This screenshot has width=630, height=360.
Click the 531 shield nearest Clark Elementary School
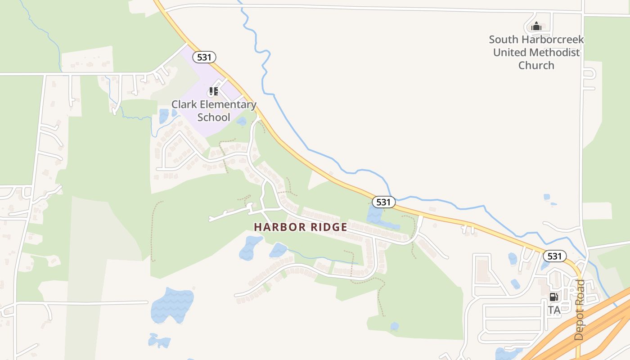204,57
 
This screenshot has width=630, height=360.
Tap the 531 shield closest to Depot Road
554,256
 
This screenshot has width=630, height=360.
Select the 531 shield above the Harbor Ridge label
383,202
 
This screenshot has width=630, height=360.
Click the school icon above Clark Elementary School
213,92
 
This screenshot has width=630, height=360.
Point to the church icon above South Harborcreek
535,27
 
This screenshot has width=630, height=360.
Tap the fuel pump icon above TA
553,297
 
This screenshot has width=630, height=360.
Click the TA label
554,310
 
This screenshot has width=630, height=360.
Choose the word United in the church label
510,52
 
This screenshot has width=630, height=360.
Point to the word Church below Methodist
536,65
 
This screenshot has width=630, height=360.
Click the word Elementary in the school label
228,105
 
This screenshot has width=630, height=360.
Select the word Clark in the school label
184,105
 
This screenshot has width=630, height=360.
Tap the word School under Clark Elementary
214,117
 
